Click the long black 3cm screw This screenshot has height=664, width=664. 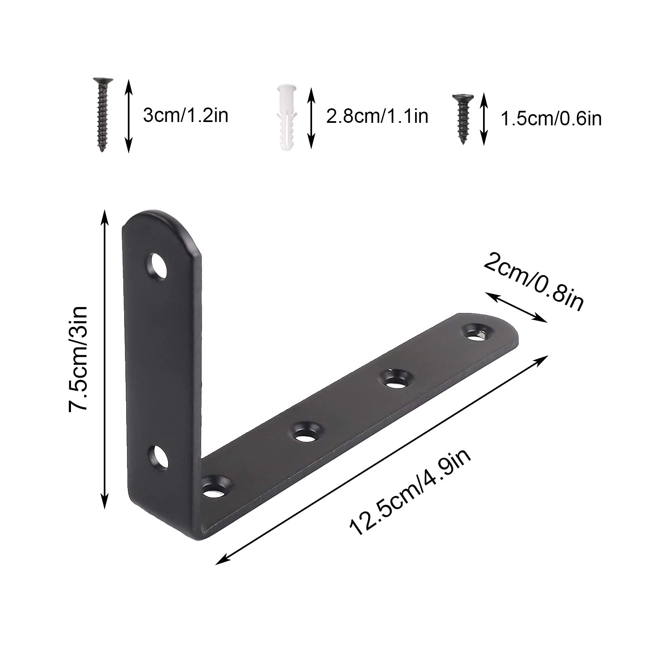(x=101, y=114)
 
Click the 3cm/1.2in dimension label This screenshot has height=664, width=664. (x=186, y=115)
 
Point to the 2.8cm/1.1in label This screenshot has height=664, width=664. (x=377, y=116)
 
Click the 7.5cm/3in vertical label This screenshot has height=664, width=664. (x=79, y=359)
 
